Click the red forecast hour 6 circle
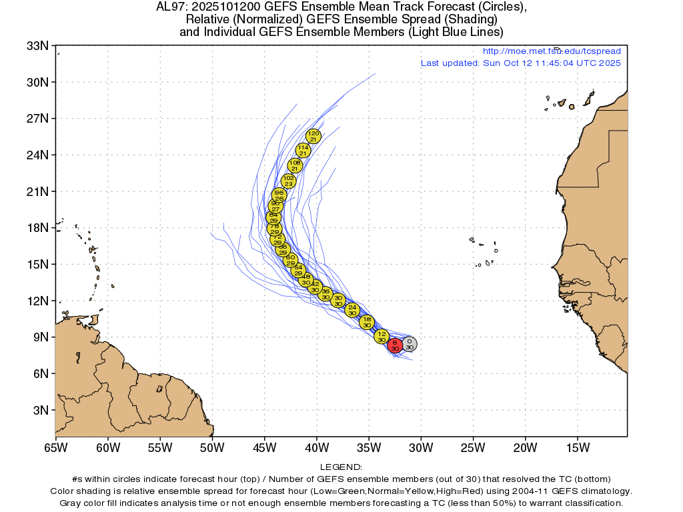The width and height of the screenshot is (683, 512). pyautogui.click(x=395, y=345)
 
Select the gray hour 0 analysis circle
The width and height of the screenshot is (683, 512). pyautogui.click(x=410, y=344)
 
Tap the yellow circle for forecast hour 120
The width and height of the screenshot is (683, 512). pyautogui.click(x=313, y=136)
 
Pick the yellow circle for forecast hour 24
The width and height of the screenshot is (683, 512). pyautogui.click(x=352, y=309)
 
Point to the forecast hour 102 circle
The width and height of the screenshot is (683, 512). pyautogui.click(x=288, y=181)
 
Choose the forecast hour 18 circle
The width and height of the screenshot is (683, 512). pyautogui.click(x=367, y=322)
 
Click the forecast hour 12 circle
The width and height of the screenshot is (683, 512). pyautogui.click(x=382, y=336)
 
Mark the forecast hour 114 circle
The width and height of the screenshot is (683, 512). pyautogui.click(x=303, y=150)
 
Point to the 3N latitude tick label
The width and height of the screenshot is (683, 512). pyautogui.click(x=39, y=410)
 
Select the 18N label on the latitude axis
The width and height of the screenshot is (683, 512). pyautogui.click(x=37, y=228)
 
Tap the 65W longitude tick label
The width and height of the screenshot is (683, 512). pyautogui.click(x=55, y=446)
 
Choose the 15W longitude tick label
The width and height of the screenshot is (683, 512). pyautogui.click(x=577, y=446)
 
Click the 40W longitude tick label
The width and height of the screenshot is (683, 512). pyautogui.click(x=316, y=446)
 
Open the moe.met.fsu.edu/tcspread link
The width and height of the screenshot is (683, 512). pyautogui.click(x=551, y=51)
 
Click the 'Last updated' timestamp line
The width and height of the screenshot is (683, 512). pyautogui.click(x=520, y=63)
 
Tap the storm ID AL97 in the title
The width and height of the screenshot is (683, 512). pyautogui.click(x=168, y=8)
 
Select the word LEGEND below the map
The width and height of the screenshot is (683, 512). pyautogui.click(x=341, y=467)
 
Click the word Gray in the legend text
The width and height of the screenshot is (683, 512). pyautogui.click(x=71, y=502)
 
